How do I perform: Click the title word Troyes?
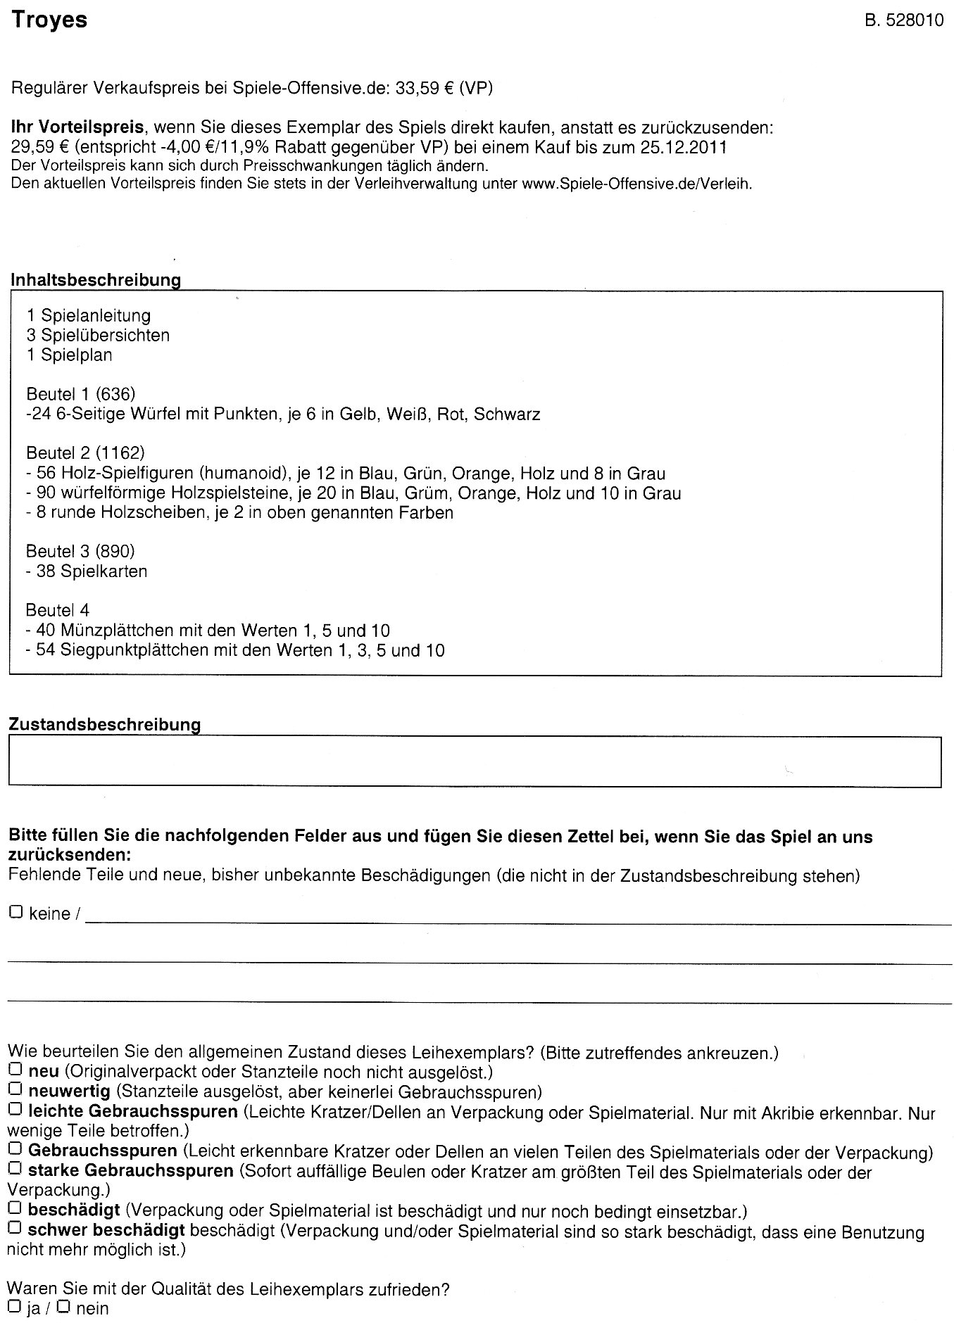(x=49, y=20)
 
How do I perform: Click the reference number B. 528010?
(x=903, y=21)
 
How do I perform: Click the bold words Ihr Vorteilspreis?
(x=77, y=128)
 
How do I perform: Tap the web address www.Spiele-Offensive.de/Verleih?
(x=636, y=184)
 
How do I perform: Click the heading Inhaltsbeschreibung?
(x=96, y=279)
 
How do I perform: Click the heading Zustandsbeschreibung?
(x=105, y=724)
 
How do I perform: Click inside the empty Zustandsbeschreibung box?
(x=475, y=761)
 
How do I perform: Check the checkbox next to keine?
(x=15, y=912)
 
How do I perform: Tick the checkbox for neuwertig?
(x=15, y=1090)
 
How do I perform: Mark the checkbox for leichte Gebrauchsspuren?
(x=15, y=1110)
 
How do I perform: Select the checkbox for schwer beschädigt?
(x=15, y=1229)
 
